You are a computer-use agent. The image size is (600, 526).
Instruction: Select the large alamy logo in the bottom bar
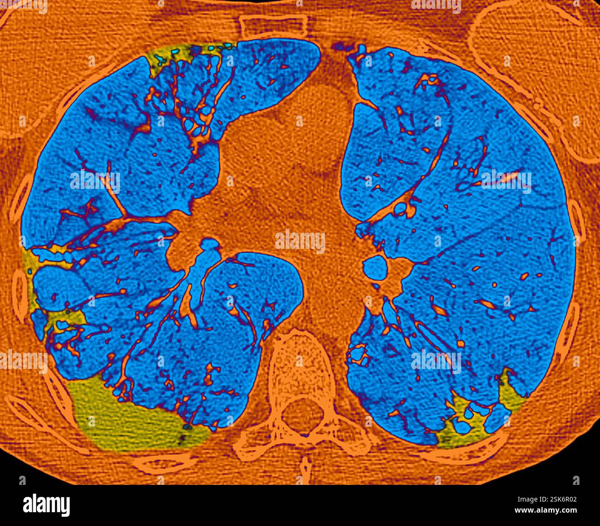click(x=46, y=504)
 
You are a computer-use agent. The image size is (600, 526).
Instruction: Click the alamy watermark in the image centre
click(x=300, y=241)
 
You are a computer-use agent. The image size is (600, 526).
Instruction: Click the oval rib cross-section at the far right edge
click(x=577, y=217)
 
